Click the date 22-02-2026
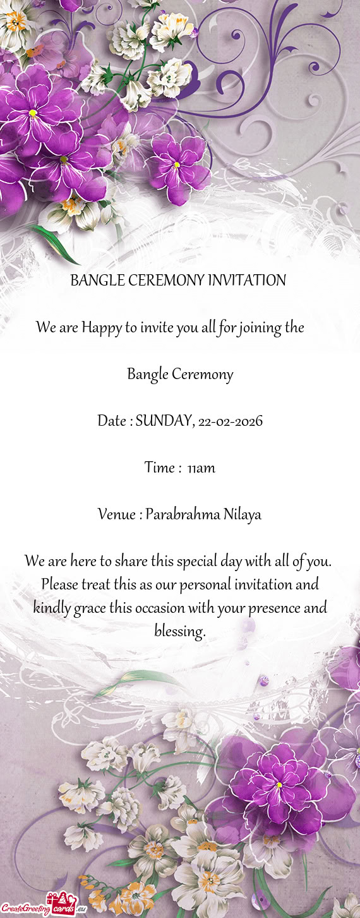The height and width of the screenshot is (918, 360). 230,421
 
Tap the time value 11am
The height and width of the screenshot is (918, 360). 201,468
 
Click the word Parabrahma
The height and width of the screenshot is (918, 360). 183,515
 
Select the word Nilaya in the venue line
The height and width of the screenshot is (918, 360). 242,515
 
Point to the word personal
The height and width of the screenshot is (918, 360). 205,584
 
